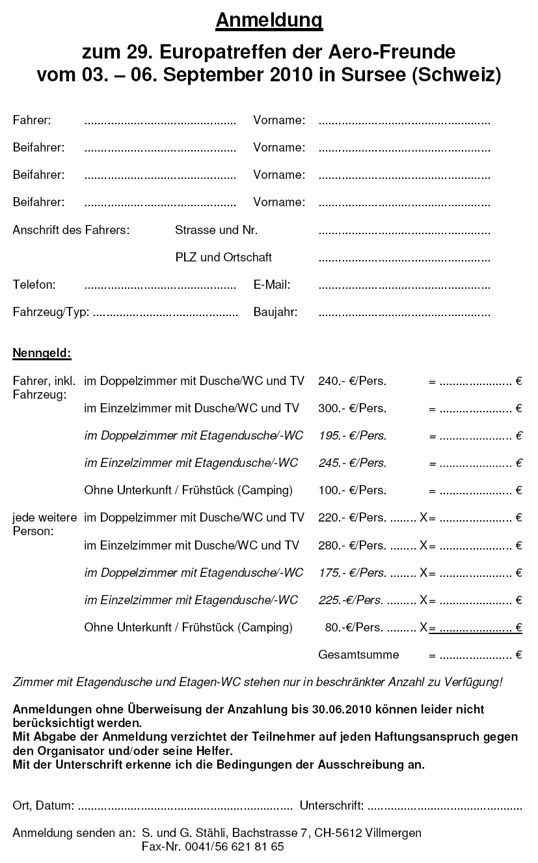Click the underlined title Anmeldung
[x=269, y=21]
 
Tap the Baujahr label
[x=275, y=312]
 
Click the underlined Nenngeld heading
[x=42, y=354]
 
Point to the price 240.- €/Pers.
[x=352, y=381]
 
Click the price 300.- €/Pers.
[x=352, y=408]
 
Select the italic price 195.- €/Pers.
[x=352, y=436]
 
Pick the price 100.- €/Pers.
[x=352, y=490]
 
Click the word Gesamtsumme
[x=358, y=655]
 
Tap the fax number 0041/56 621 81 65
[x=234, y=847]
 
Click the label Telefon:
[x=34, y=285]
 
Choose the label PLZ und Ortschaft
[x=223, y=258]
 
